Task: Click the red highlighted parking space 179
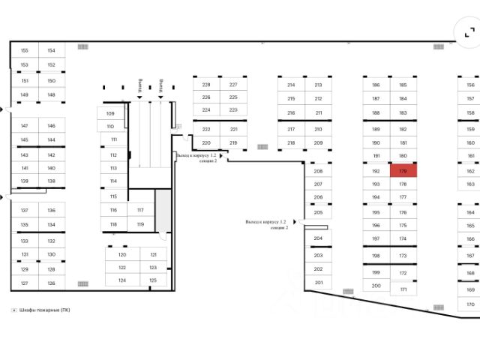[403, 171]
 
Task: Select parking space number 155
[24, 51]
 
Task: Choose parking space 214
[291, 85]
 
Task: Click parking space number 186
[376, 85]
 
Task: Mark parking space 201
[318, 283]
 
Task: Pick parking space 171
[403, 289]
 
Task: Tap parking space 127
[24, 283]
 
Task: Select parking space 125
[153, 280]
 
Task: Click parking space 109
[110, 113]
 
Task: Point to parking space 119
[140, 224]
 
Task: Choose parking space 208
[318, 171]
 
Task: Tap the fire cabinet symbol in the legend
[13, 310]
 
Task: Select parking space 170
[470, 304]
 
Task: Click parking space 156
[470, 85]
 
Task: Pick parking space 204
[318, 238]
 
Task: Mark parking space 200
[376, 285]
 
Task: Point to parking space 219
[233, 142]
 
